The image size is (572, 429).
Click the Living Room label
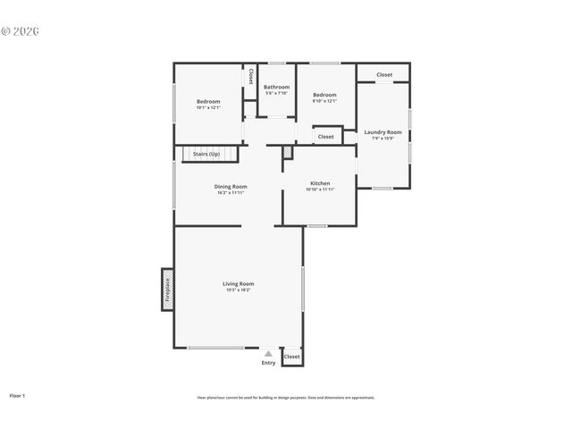click(239, 283)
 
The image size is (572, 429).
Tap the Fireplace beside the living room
click(167, 290)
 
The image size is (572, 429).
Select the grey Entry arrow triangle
click(268, 354)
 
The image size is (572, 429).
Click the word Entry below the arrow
click(268, 363)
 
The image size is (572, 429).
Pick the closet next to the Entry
click(291, 357)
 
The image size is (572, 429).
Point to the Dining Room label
click(231, 186)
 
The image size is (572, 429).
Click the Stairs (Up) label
click(206, 154)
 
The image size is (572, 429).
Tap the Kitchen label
click(320, 182)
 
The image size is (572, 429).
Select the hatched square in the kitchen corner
click(288, 153)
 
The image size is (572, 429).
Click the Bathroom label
click(276, 87)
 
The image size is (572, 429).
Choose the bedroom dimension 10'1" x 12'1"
click(208, 108)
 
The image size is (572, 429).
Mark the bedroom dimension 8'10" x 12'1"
click(324, 101)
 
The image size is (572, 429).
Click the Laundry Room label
click(383, 132)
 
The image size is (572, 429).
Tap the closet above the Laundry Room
click(384, 75)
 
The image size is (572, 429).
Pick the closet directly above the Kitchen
click(326, 137)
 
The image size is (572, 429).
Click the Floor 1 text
click(17, 394)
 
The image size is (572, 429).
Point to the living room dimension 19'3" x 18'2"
click(239, 290)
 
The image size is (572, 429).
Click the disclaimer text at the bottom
click(286, 398)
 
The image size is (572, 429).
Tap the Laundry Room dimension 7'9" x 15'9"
click(383, 139)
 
